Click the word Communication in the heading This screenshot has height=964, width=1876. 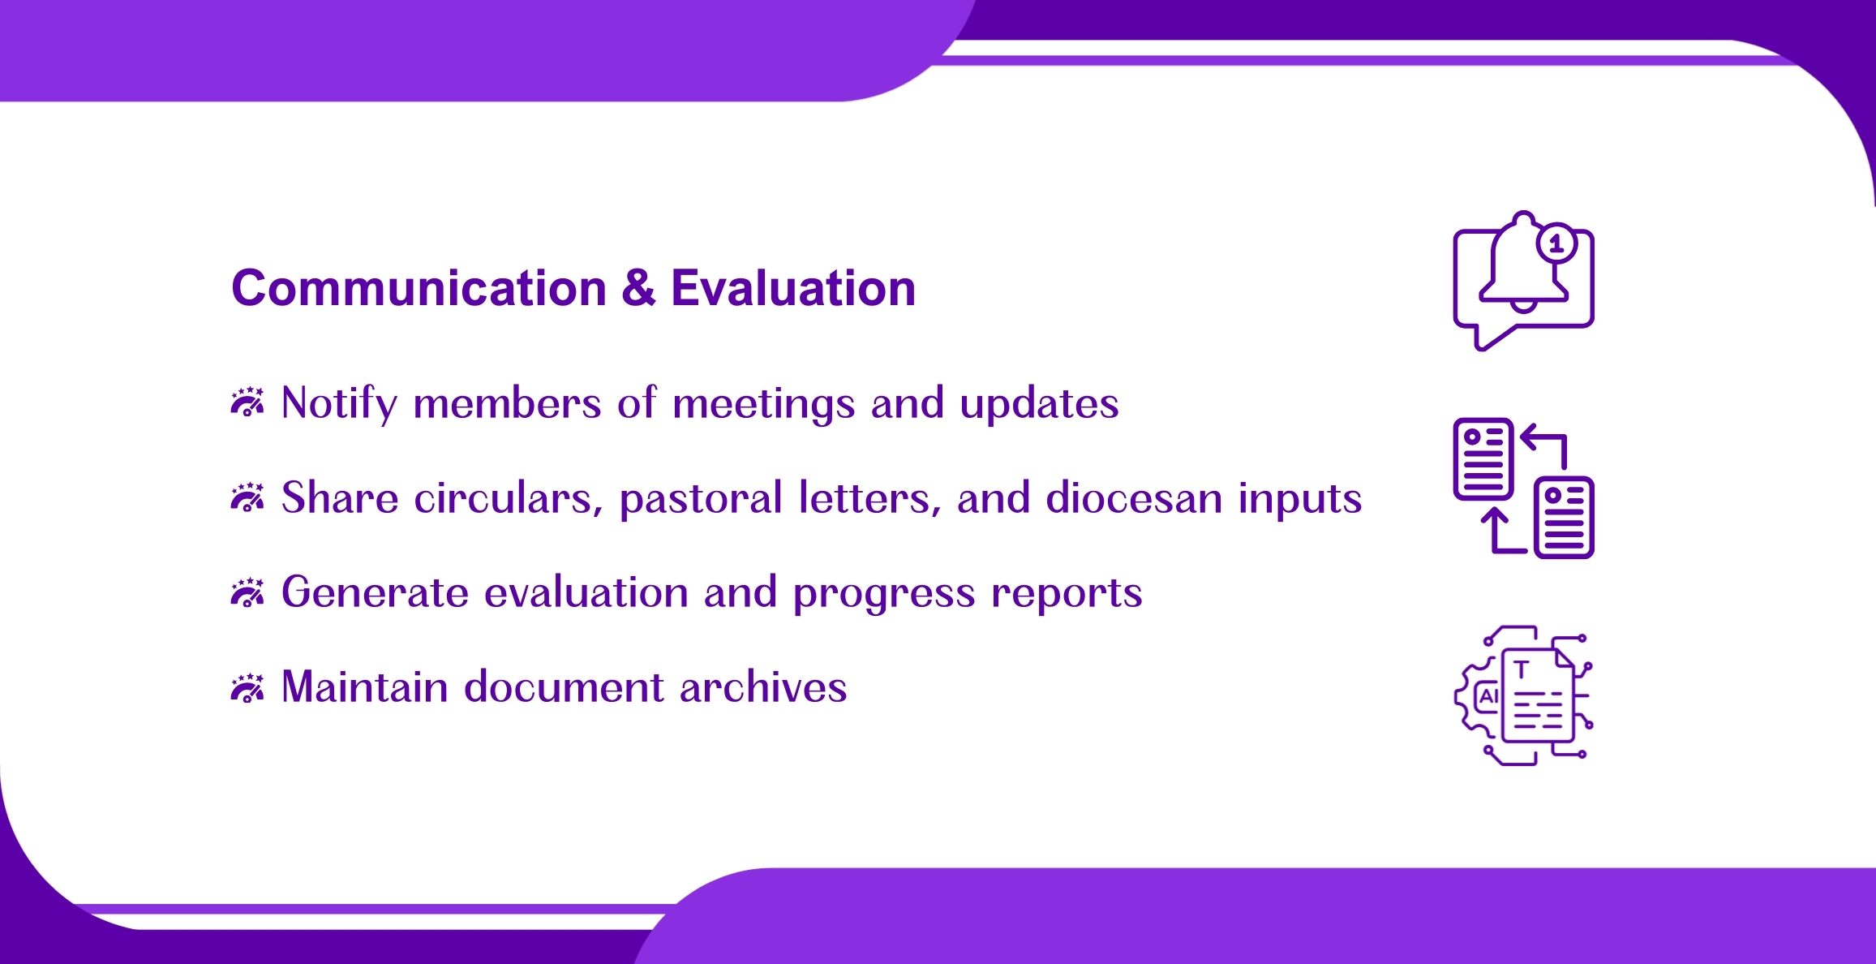point(419,288)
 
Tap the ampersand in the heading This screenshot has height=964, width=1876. point(639,288)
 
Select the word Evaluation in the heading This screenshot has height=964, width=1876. point(793,288)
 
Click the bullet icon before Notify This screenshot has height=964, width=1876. point(247,402)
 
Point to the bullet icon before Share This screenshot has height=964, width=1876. point(247,497)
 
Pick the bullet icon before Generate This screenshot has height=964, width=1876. point(247,592)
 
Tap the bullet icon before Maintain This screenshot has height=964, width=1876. point(247,686)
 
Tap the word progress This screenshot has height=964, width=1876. point(884,594)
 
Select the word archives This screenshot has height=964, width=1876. point(763,687)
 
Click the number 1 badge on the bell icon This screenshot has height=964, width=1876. point(1556,243)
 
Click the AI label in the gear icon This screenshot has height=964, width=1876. point(1488,696)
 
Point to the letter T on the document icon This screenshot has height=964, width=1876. point(1522,669)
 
